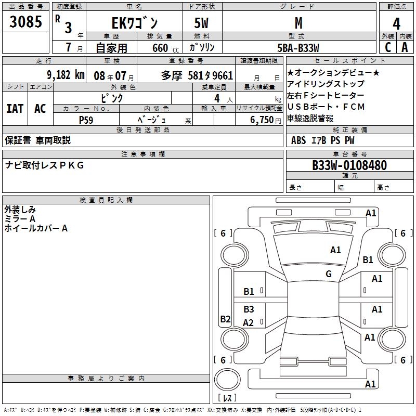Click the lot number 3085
tap(26, 22)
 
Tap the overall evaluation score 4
tap(396, 23)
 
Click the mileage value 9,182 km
tap(66, 74)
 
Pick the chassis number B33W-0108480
tap(349, 165)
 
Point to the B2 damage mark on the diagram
tap(225, 319)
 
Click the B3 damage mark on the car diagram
tap(249, 309)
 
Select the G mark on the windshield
tap(329, 274)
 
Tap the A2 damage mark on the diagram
tap(249, 323)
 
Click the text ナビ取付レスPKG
tap(44, 165)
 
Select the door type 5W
tap(203, 23)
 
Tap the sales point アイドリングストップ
tap(326, 84)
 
